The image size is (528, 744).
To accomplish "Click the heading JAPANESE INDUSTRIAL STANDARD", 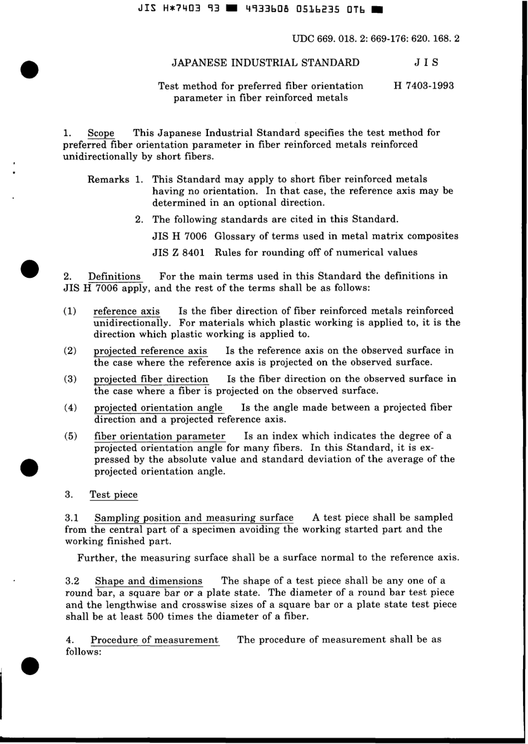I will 265,63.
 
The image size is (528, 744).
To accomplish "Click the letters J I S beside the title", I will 426,63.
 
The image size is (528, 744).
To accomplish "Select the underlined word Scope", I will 101,133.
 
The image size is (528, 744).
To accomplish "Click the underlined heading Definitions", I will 114,276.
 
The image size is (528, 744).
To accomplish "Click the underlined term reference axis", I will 127,311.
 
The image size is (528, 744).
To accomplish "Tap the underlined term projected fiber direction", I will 151,379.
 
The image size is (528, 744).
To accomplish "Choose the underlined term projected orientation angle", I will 158,408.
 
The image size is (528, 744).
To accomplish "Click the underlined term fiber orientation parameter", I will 160,436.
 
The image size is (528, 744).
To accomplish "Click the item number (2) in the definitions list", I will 71,351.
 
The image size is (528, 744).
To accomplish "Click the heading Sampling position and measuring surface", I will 194,518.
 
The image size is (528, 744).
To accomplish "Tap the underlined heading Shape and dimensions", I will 148,581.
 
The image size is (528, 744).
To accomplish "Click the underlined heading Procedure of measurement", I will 155,640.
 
